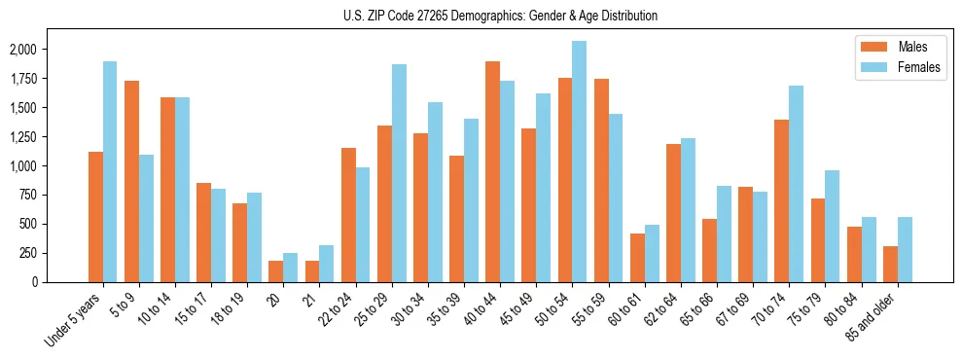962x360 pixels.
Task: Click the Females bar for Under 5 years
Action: (110, 171)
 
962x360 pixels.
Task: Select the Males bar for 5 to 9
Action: (131, 181)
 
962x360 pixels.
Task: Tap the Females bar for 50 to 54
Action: (580, 162)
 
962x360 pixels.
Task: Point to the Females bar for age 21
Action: (327, 264)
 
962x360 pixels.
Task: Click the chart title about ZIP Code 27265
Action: (500, 16)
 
